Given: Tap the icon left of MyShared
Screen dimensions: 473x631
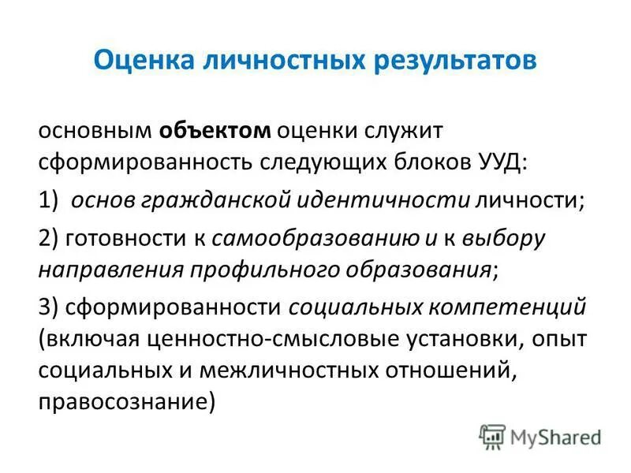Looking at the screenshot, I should (x=493, y=436).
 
